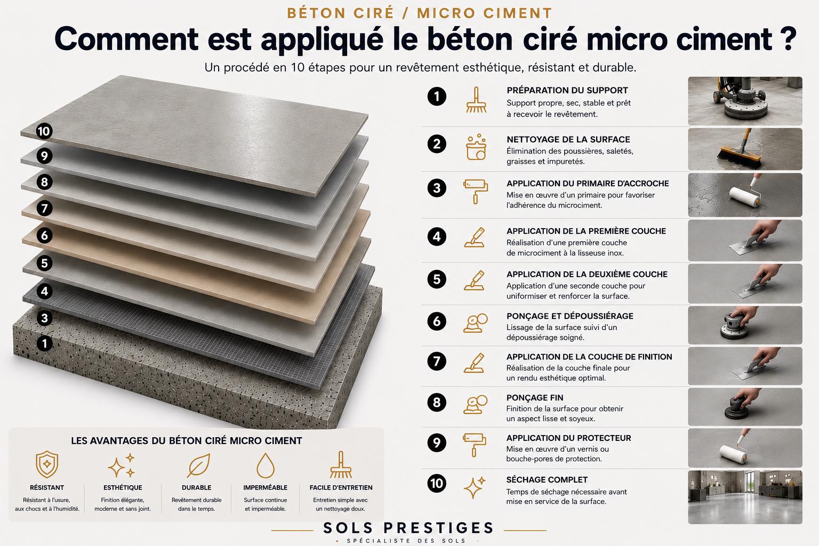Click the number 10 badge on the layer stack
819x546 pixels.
[44, 131]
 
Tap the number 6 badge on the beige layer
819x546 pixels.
[44, 235]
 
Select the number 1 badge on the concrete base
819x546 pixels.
[44, 343]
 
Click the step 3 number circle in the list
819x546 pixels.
[437, 188]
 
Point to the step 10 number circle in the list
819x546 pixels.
[437, 484]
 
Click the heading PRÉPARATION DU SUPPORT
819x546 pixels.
[567, 90]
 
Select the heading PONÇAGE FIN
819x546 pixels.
[535, 398]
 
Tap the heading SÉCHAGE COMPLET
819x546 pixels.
[547, 479]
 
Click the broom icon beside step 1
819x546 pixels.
[476, 100]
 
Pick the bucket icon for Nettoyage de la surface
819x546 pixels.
[476, 147]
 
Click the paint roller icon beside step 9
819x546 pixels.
[475, 445]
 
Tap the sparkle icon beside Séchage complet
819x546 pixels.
[474, 487]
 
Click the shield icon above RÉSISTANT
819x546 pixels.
[47, 464]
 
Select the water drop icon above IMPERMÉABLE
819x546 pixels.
[266, 465]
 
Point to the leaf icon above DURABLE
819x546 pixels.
[198, 465]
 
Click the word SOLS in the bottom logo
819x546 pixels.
[348, 528]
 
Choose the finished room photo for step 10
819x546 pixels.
[745, 497]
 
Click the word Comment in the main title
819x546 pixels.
[126, 39]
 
